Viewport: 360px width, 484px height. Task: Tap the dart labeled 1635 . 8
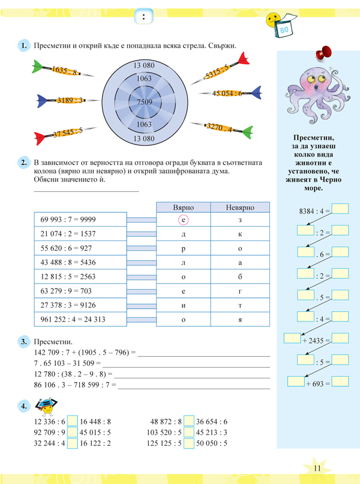pyautogui.click(x=62, y=71)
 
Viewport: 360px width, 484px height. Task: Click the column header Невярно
pyautogui.click(x=240, y=207)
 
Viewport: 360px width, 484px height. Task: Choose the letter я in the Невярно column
pyautogui.click(x=240, y=319)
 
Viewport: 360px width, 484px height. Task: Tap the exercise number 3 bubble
pyautogui.click(x=23, y=342)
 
